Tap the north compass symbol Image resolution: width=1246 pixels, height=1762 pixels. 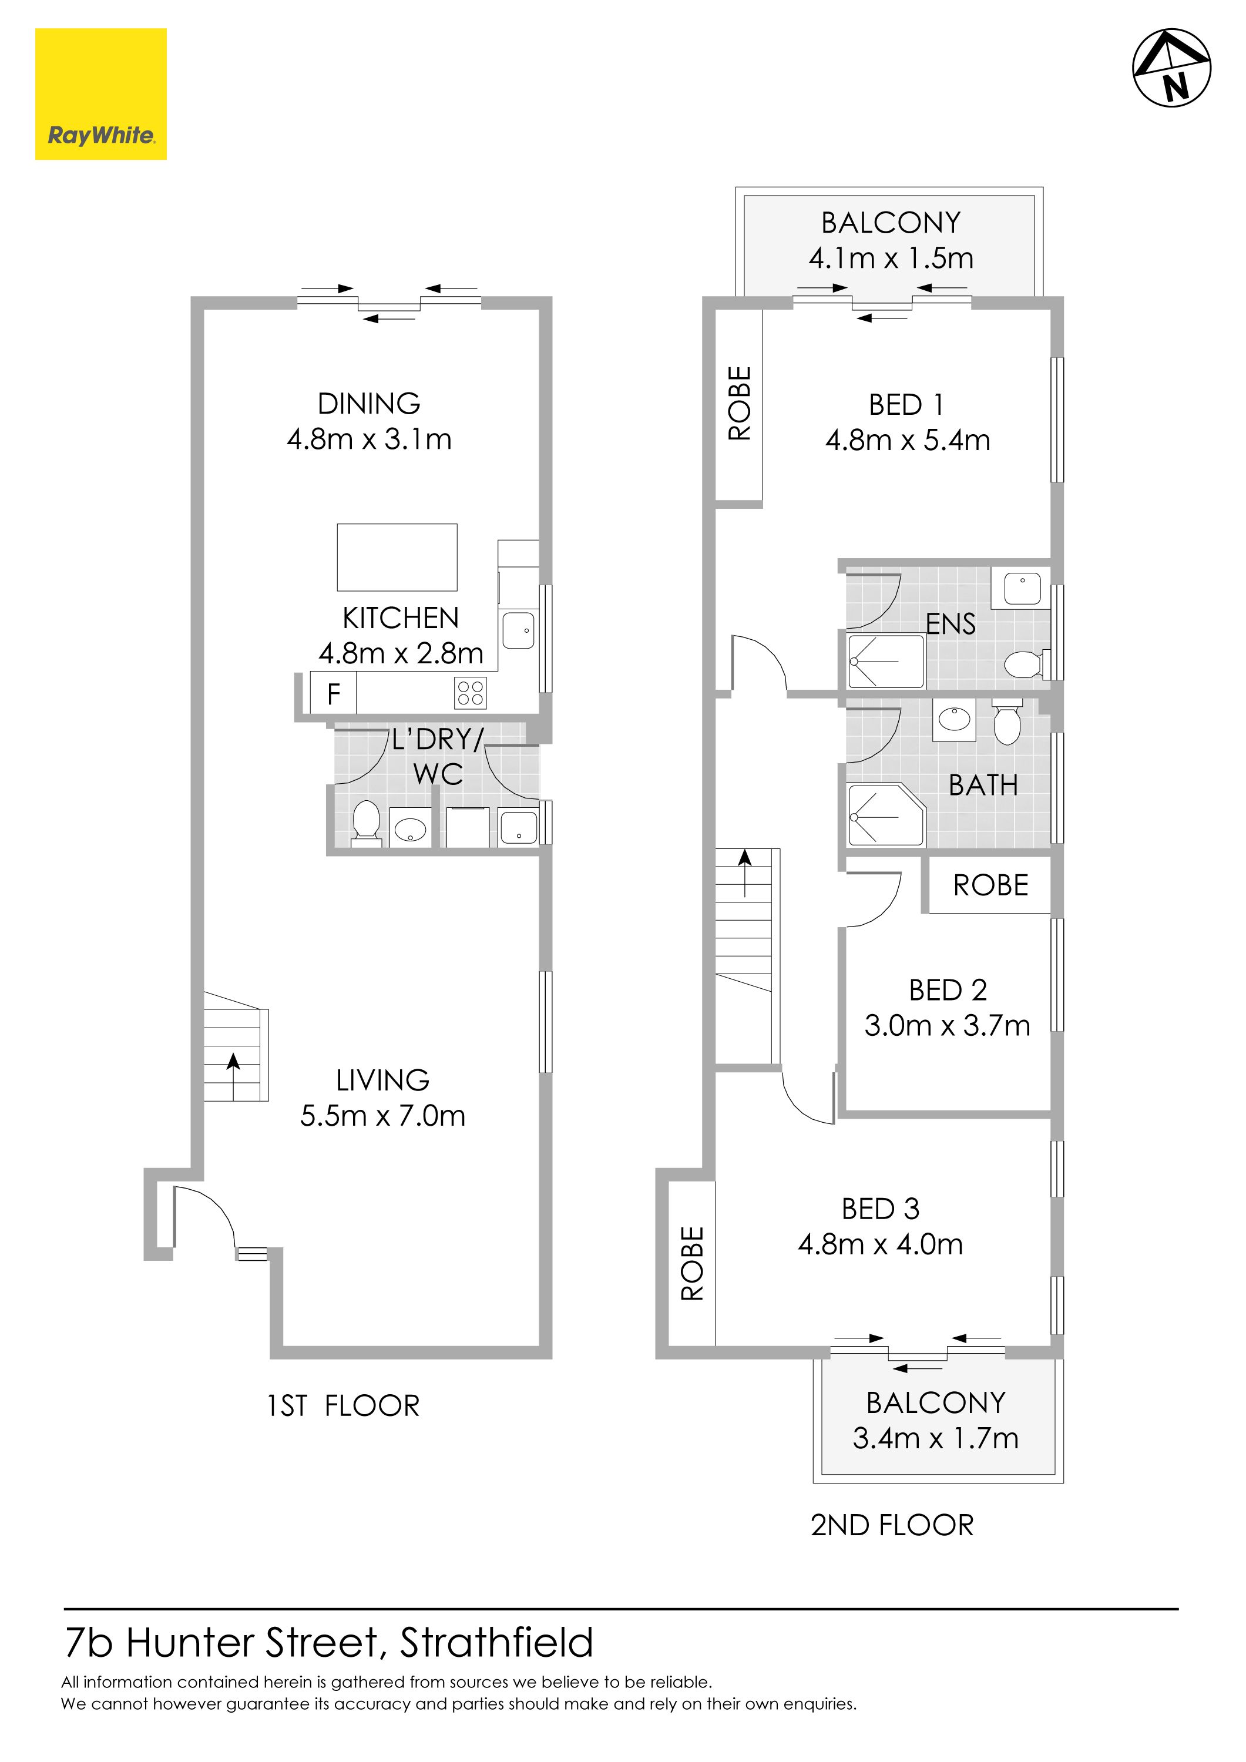click(x=1171, y=68)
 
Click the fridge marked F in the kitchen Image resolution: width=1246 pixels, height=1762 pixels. click(x=333, y=694)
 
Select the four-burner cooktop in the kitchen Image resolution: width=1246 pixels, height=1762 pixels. click(x=471, y=693)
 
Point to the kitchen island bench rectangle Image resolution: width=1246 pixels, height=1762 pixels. click(x=398, y=557)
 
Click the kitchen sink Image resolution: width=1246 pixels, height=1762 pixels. click(x=519, y=629)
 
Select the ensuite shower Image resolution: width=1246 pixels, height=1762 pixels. click(x=886, y=661)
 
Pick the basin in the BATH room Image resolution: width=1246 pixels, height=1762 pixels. click(x=953, y=719)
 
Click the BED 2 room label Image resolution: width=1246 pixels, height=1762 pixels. click(x=948, y=990)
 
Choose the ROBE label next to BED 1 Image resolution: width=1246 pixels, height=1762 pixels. click(x=740, y=403)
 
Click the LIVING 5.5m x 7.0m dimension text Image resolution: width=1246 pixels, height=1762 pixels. click(x=383, y=1115)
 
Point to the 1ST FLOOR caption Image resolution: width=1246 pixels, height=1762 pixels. click(x=343, y=1406)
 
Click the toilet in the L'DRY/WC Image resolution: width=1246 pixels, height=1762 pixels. click(x=366, y=823)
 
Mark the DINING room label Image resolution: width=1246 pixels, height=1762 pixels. click(x=369, y=404)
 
